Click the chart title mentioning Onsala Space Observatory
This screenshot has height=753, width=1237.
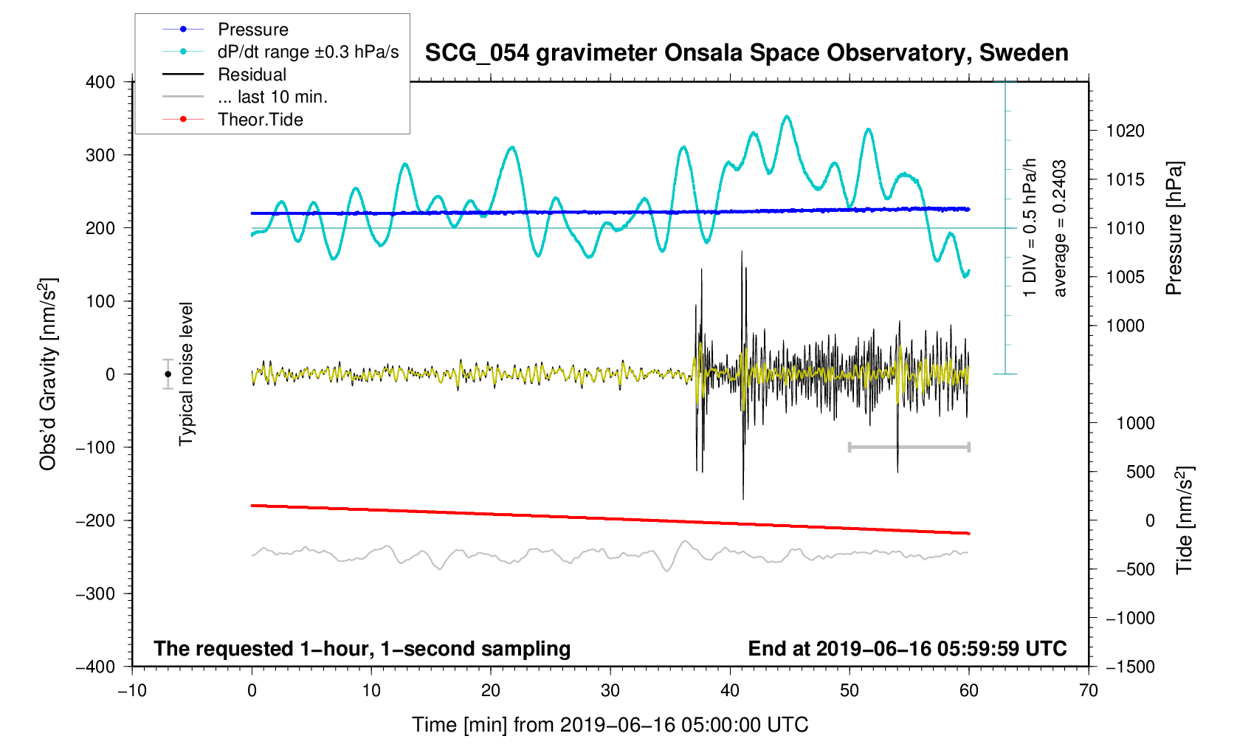[746, 53]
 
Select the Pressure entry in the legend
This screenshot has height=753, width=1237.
[253, 30]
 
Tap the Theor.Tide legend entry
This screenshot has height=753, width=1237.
[260, 120]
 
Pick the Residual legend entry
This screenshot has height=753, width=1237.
[252, 75]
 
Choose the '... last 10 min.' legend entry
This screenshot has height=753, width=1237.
[272, 97]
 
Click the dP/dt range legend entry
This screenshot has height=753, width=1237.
[308, 52]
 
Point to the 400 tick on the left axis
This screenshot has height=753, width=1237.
[100, 82]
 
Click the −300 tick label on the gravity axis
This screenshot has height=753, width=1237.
[96, 594]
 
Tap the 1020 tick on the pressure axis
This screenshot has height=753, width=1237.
[1125, 131]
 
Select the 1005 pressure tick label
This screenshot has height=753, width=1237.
[1125, 277]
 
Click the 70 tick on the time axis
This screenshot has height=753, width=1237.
[1088, 691]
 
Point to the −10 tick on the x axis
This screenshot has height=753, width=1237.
[132, 691]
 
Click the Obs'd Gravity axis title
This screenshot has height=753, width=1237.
[48, 374]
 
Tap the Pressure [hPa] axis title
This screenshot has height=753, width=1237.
[1174, 228]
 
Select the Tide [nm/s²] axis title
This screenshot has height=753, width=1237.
[1184, 520]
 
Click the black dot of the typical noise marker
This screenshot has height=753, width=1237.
[168, 374]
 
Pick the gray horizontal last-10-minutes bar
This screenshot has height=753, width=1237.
[909, 447]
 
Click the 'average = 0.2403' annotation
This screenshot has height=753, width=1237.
[1060, 228]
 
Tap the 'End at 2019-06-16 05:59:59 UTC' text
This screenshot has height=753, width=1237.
[907, 649]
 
